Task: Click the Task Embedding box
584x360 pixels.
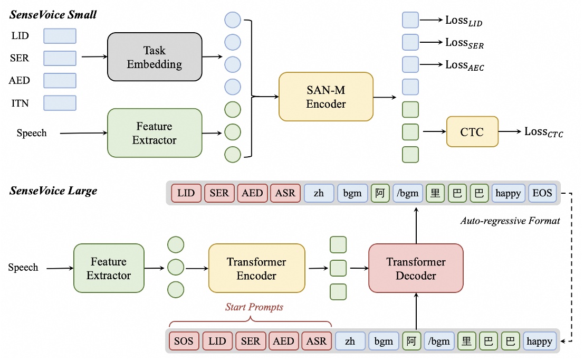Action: click(155, 58)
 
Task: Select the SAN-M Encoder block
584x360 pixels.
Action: click(325, 97)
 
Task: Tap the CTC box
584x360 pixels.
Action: click(472, 132)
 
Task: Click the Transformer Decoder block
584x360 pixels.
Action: click(416, 268)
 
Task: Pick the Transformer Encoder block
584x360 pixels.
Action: click(256, 268)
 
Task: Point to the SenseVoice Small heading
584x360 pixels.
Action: click(53, 15)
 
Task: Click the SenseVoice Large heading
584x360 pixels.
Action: click(53, 191)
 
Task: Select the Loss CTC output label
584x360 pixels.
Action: click(543, 132)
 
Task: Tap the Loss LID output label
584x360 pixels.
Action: click(464, 21)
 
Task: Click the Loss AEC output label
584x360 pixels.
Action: click(464, 65)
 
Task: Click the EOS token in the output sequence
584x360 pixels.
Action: click(542, 193)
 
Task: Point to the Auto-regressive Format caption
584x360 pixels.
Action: click(510, 221)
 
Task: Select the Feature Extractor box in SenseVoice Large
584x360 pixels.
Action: click(109, 268)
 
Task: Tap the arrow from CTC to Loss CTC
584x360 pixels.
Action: click(510, 132)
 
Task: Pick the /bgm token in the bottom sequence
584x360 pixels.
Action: click(437, 341)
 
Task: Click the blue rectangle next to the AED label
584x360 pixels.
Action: click(60, 80)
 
